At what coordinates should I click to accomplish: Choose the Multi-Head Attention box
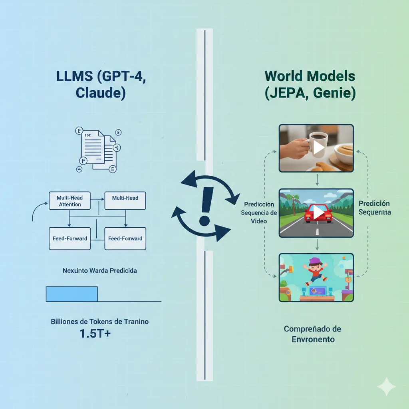click(69, 201)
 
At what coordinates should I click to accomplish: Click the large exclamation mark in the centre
click(204, 206)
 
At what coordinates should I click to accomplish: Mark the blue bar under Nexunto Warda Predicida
click(72, 294)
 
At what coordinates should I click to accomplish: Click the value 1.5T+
click(95, 334)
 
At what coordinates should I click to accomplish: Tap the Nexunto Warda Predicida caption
click(99, 270)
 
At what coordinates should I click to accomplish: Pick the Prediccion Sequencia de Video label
click(259, 212)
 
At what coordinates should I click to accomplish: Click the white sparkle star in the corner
click(386, 386)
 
